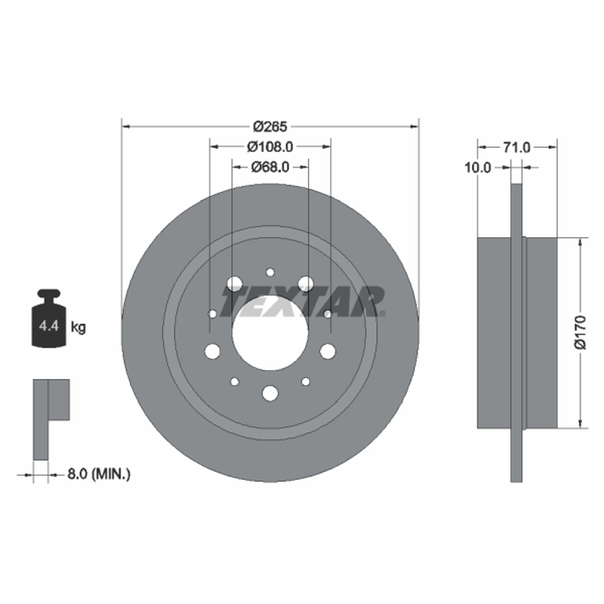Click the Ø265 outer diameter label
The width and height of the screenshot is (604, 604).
pyautogui.click(x=270, y=126)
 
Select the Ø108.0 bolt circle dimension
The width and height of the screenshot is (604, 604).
pyautogui.click(x=270, y=146)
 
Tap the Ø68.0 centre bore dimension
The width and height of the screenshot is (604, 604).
pyautogui.click(x=270, y=167)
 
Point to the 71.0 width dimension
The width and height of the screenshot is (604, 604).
pyautogui.click(x=517, y=147)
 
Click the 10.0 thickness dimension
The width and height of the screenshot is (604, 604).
pyautogui.click(x=478, y=168)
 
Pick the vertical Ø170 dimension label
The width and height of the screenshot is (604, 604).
pyautogui.click(x=580, y=332)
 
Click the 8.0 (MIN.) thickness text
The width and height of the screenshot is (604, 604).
pyautogui.click(x=99, y=474)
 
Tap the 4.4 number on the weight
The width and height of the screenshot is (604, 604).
pyautogui.click(x=49, y=326)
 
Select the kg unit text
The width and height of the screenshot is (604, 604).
pyautogui.click(x=79, y=328)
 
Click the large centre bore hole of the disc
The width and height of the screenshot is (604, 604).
pyautogui.click(x=270, y=333)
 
